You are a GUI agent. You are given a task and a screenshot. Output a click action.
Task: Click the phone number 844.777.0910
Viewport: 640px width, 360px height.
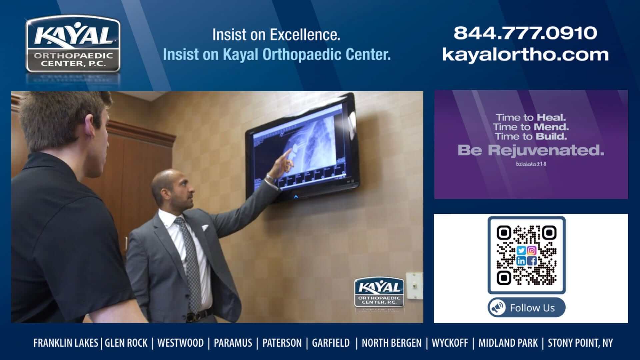(x=525, y=33)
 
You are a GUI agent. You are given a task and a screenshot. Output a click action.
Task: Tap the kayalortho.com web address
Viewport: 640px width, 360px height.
(x=525, y=54)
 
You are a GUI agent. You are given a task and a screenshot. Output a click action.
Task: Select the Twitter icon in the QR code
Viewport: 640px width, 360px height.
(x=521, y=251)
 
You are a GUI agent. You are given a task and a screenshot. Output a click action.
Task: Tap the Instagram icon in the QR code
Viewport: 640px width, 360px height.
(x=532, y=251)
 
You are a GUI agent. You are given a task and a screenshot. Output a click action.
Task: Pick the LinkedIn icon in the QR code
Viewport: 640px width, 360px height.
(x=521, y=261)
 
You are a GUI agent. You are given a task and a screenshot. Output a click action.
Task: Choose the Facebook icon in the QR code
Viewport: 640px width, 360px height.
(x=532, y=261)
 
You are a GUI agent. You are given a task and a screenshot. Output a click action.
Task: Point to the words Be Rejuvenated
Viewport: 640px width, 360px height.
(x=531, y=150)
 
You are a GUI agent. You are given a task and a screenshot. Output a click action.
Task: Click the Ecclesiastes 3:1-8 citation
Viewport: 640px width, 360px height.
(x=531, y=164)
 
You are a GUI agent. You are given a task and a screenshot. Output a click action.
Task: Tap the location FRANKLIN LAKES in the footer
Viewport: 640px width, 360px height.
(x=66, y=343)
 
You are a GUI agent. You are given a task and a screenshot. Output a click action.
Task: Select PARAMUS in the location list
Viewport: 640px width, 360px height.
(x=233, y=343)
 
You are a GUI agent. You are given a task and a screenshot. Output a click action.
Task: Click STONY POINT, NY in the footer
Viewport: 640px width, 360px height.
(x=580, y=343)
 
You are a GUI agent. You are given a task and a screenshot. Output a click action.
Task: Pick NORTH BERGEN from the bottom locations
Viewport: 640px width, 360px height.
(x=391, y=343)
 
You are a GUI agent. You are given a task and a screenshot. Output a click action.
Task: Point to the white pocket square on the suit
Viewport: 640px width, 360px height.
(x=205, y=228)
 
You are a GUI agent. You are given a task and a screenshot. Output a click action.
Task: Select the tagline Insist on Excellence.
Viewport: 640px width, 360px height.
(x=276, y=35)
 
